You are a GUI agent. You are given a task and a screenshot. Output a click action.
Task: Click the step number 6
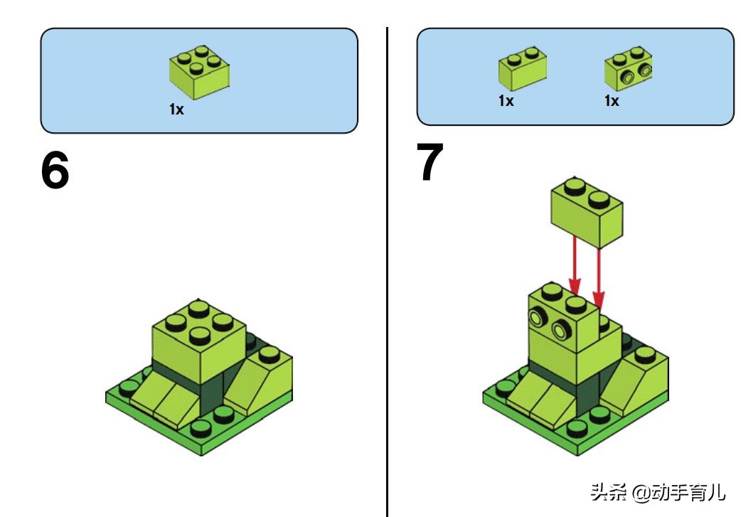coord(55,170)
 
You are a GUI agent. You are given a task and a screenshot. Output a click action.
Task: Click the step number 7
coord(430,161)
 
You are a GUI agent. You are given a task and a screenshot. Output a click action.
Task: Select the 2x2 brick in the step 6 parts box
coord(199,73)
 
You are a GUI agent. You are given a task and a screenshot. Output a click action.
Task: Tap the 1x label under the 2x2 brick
coord(176,110)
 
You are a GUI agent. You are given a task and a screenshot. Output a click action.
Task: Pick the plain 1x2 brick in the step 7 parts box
coord(523,68)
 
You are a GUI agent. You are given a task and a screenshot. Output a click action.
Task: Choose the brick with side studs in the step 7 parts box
coord(629,68)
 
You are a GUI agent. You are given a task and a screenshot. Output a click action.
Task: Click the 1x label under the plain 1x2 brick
coord(506,101)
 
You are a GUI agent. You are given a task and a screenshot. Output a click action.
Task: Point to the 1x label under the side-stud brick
coord(612,101)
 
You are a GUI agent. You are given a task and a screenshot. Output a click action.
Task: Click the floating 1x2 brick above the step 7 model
coord(587,212)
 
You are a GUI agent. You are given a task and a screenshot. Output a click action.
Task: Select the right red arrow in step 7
coord(598,279)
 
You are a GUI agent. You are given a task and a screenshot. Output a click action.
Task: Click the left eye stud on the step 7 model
coord(538,316)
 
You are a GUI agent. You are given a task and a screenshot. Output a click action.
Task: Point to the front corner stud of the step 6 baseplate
coord(201,429)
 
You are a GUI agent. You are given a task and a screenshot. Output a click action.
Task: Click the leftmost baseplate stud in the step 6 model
coord(129,388)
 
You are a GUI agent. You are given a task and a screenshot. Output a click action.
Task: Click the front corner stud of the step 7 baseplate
coord(577,429)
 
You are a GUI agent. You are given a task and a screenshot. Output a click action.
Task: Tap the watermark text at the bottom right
coord(658,492)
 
